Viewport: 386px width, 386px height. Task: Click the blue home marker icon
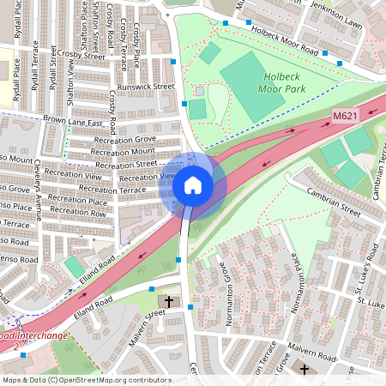click(x=193, y=185)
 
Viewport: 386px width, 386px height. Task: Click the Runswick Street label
click(x=146, y=87)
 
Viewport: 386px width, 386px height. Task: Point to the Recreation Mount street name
click(x=123, y=151)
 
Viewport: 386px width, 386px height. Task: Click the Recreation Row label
click(x=77, y=212)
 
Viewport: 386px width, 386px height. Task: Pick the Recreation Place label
click(x=78, y=200)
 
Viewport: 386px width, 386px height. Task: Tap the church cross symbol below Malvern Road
click(x=305, y=368)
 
